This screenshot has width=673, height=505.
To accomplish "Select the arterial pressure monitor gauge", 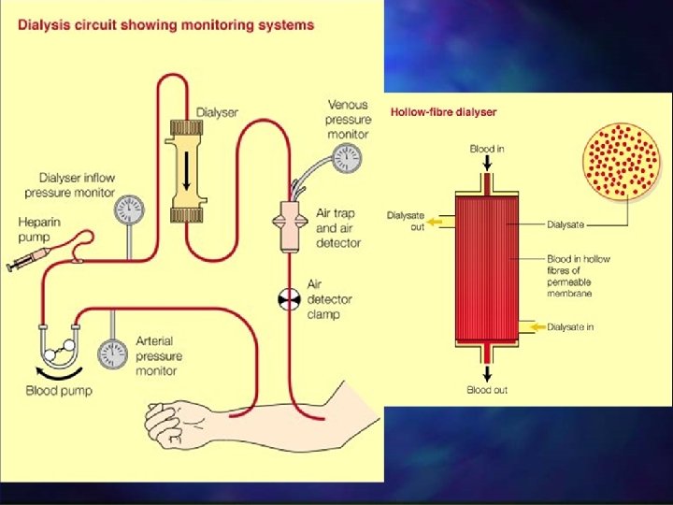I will (113, 353).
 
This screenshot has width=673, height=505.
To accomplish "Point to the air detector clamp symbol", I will (288, 299).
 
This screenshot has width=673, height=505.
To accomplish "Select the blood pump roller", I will (60, 350).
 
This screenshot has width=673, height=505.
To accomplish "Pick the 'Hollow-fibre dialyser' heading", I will (442, 112).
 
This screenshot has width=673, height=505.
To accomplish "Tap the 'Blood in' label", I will (487, 149).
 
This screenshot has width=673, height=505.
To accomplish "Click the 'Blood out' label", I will (487, 390).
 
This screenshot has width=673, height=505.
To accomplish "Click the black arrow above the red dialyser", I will (487, 165).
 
